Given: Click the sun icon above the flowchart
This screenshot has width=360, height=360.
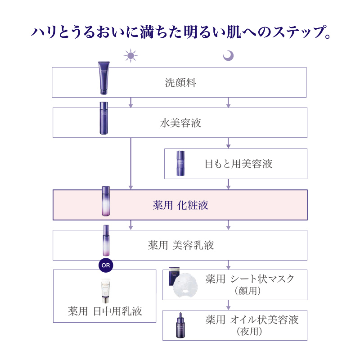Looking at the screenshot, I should pyautogui.click(x=131, y=56).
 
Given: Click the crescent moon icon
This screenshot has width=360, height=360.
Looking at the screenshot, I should pyautogui.click(x=229, y=55).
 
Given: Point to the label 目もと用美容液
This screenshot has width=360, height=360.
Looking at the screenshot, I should pyautogui.click(x=238, y=164).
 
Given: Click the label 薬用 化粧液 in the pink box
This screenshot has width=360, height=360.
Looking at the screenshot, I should pyautogui.click(x=180, y=205).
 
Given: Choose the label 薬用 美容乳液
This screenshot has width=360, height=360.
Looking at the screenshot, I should pyautogui.click(x=181, y=245).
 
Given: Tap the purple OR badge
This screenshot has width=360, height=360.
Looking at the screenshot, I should pyautogui.click(x=106, y=265).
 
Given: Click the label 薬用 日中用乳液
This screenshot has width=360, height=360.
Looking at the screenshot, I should pyautogui.click(x=105, y=311).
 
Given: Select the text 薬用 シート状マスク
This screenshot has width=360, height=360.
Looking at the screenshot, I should pyautogui.click(x=250, y=279).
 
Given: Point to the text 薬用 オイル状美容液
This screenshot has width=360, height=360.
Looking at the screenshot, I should pyautogui.click(x=252, y=320).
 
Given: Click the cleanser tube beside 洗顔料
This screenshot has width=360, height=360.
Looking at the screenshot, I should pyautogui.click(x=104, y=78).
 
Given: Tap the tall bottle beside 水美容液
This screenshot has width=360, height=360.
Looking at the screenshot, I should pyautogui.click(x=104, y=118).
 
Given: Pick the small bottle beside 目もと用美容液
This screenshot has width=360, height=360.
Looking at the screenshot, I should pyautogui.click(x=180, y=163).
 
